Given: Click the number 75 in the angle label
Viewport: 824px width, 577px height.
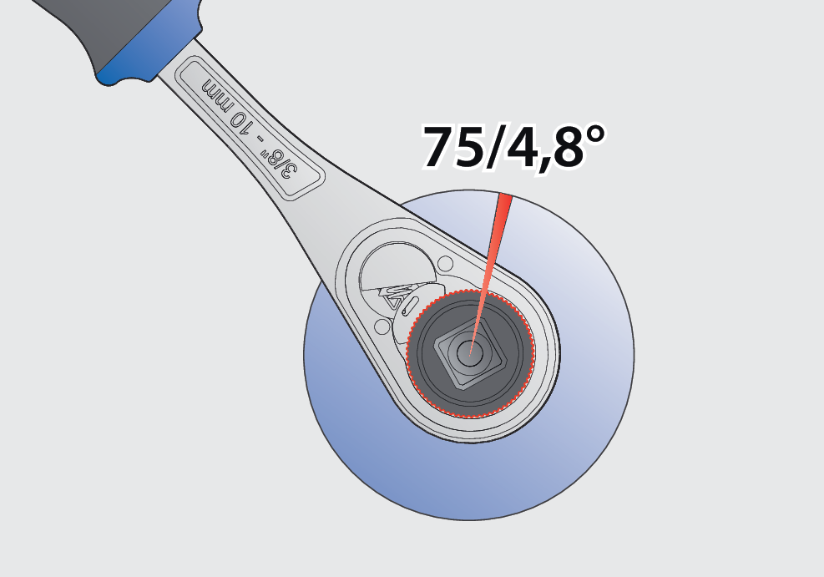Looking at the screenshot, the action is (x=455, y=147).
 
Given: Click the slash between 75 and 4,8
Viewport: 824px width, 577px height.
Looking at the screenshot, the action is (x=496, y=147).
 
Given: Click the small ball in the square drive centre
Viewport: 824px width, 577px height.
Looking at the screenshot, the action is (x=470, y=352).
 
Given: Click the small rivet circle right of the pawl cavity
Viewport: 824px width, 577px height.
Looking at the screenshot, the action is (x=445, y=263).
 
